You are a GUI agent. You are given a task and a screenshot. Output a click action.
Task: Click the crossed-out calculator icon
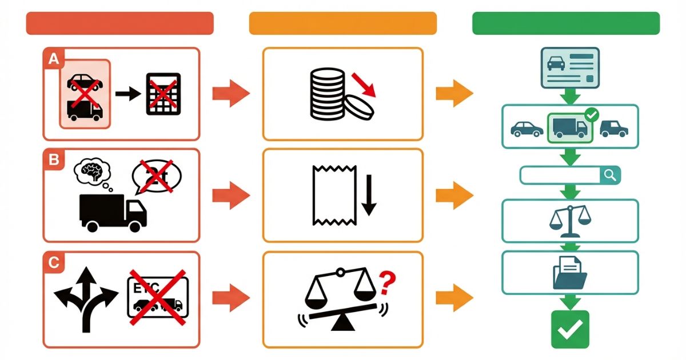click(163, 94)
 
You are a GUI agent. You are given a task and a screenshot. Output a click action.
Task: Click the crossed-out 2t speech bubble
click(156, 176)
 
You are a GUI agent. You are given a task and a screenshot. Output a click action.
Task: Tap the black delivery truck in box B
click(113, 212)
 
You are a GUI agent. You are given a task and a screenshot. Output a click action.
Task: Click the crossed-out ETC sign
click(157, 297)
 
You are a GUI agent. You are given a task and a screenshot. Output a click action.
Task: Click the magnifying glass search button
click(610, 175)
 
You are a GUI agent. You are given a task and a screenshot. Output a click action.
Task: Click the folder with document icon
click(570, 273)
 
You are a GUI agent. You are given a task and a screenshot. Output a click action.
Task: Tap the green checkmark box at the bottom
click(570, 329)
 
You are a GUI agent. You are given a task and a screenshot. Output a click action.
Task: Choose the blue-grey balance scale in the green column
click(570, 221)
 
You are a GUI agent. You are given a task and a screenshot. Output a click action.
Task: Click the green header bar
click(565, 23)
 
